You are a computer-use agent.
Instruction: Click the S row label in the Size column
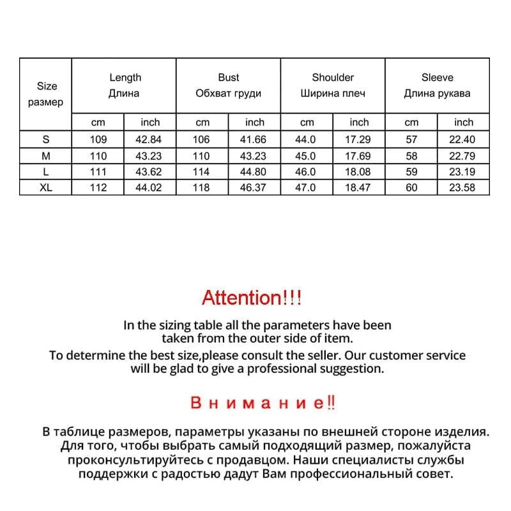point(47,139)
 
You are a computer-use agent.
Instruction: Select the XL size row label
point(47,187)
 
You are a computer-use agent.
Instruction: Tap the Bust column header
point(228,77)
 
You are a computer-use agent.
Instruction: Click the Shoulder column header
point(333,77)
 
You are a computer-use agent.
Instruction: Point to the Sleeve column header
point(437,77)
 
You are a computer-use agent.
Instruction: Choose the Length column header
point(125,77)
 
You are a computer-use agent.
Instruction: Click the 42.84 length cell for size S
point(150,139)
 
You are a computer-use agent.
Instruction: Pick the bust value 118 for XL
point(202,187)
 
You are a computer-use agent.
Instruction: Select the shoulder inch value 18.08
point(359,171)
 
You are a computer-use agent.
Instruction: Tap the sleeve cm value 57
point(411,139)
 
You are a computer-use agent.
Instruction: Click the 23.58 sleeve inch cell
point(463,187)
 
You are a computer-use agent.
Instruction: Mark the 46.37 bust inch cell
point(254,187)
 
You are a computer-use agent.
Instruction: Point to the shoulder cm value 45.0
point(307,155)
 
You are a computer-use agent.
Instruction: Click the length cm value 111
point(98,171)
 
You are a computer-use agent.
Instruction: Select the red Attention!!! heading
point(251,297)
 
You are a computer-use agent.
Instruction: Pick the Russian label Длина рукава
point(437,93)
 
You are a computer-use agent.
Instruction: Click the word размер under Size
point(47,102)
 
